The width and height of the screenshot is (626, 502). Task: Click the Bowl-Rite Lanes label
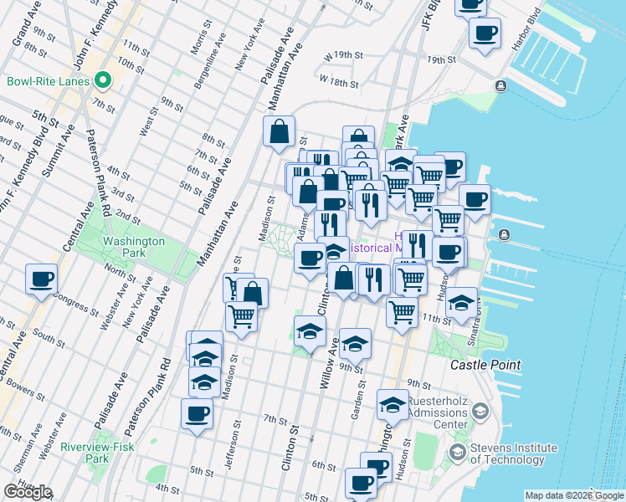(48, 81)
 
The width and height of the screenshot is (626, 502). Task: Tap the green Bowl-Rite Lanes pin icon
(103, 81)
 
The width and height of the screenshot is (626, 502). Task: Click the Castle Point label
(485, 366)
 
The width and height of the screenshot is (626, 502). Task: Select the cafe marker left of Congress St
(41, 279)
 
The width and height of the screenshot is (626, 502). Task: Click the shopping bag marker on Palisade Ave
(279, 132)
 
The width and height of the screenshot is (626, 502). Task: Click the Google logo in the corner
(27, 492)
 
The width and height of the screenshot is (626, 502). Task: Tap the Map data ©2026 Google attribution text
(574, 495)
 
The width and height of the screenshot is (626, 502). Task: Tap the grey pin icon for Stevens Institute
(457, 453)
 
